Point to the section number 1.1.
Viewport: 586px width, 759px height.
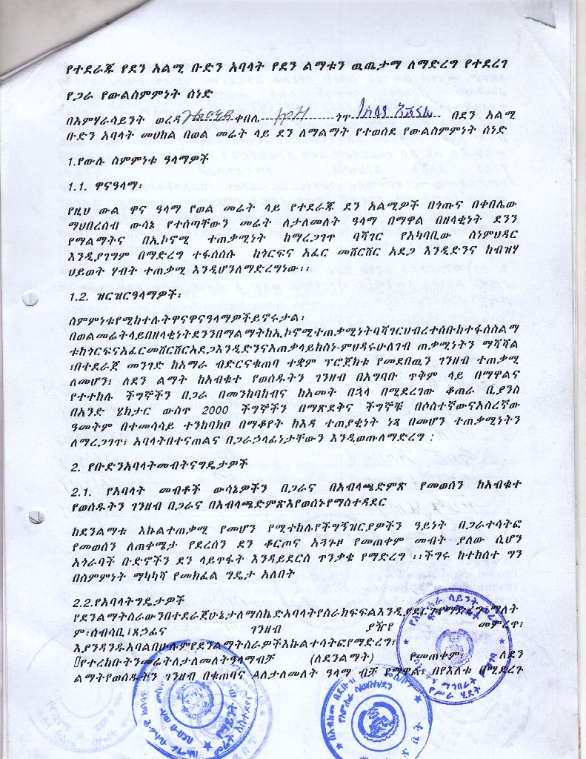(81, 187)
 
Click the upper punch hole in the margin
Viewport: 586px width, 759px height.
(30, 299)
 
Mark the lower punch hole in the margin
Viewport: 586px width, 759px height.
(36, 517)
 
